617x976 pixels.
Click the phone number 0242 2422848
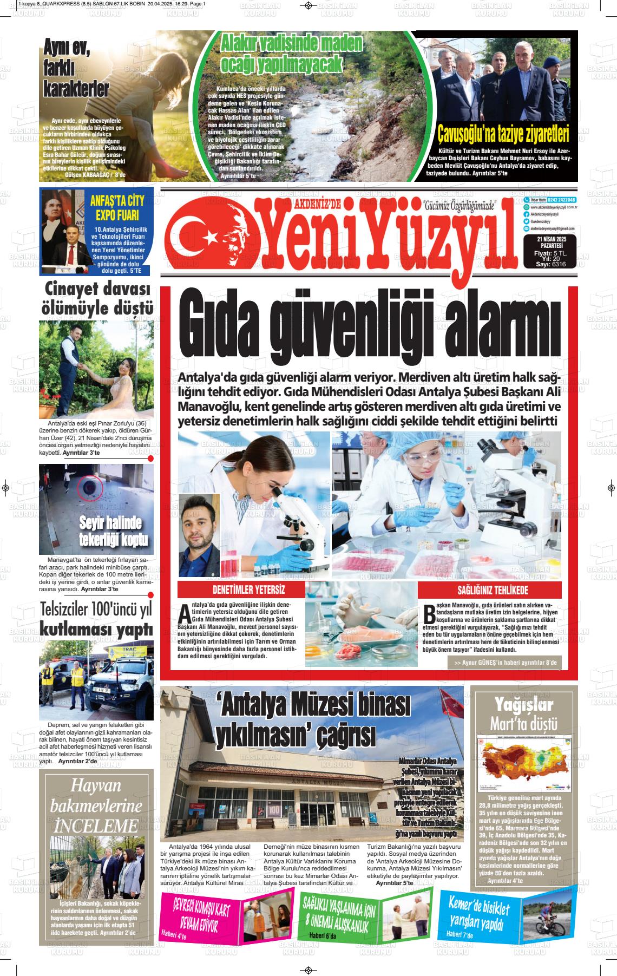click(x=562, y=200)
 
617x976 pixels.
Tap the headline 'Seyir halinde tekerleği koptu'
click(x=110, y=531)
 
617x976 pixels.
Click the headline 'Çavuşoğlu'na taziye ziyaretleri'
click(x=503, y=133)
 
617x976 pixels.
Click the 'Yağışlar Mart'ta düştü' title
click(x=523, y=713)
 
